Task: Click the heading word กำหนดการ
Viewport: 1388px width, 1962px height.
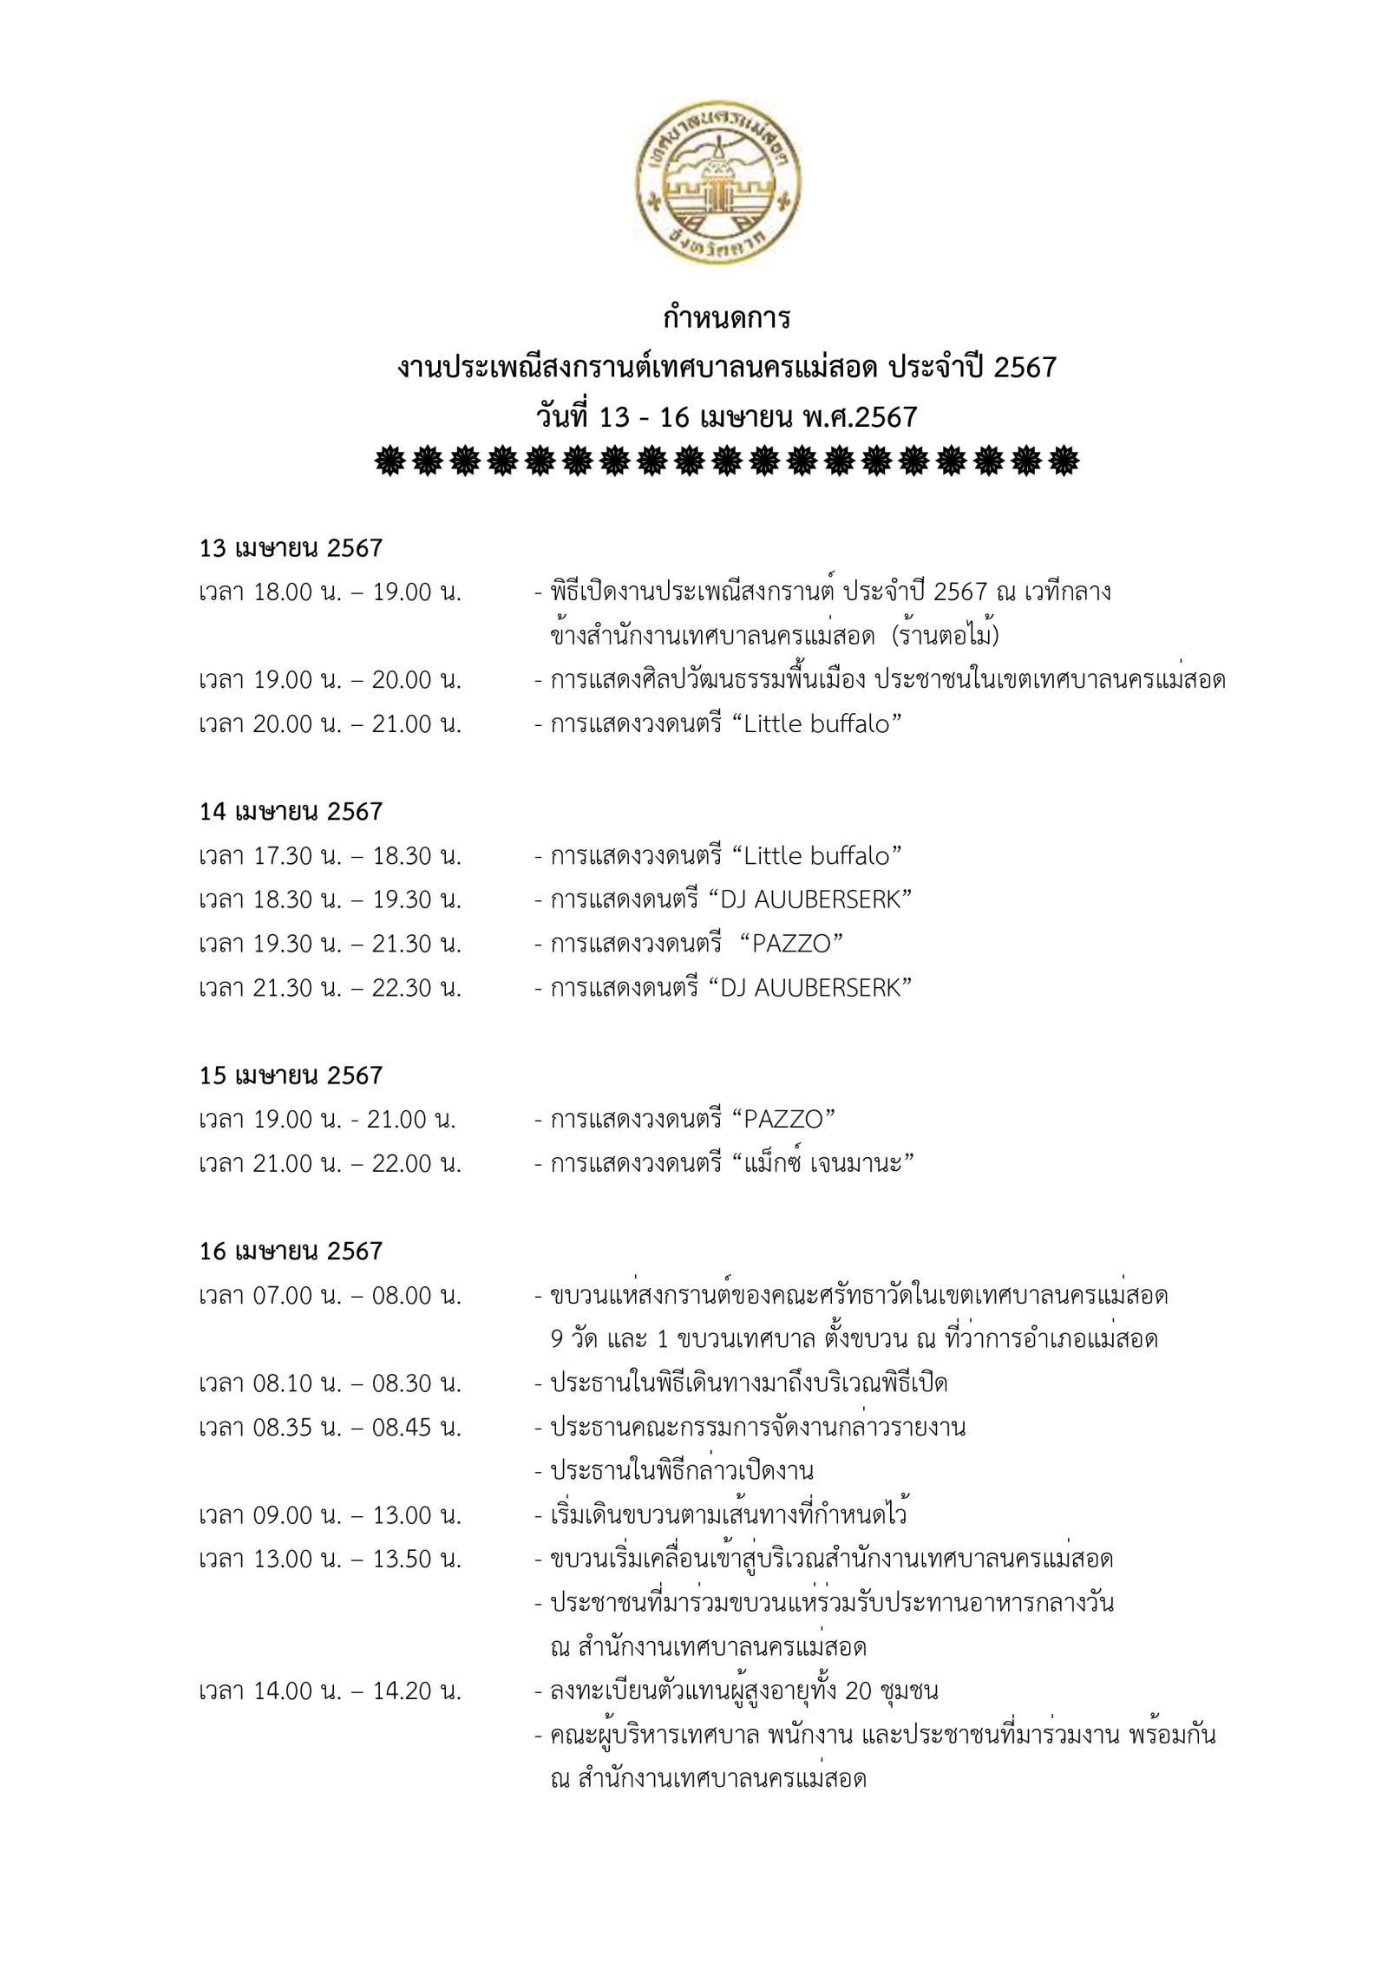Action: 727,318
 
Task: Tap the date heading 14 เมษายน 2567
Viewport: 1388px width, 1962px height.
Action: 291,812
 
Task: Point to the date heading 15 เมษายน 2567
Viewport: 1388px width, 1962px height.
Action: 291,1076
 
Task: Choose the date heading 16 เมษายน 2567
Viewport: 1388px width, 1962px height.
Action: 291,1251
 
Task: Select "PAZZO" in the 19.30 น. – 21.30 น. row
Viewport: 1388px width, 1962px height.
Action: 792,944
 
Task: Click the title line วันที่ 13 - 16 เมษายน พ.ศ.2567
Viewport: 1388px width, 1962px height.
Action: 727,417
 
